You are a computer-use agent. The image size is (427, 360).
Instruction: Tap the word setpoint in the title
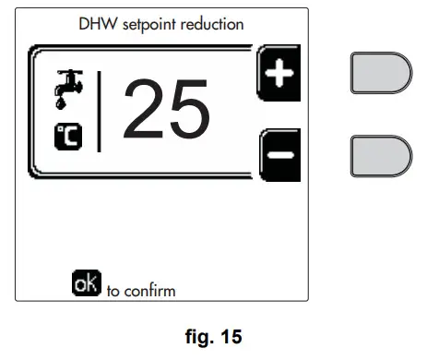point(144,23)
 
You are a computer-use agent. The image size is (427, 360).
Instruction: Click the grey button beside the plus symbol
point(380,72)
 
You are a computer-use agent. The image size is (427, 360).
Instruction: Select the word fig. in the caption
point(198,338)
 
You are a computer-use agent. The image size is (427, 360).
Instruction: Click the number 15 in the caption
point(230,338)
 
